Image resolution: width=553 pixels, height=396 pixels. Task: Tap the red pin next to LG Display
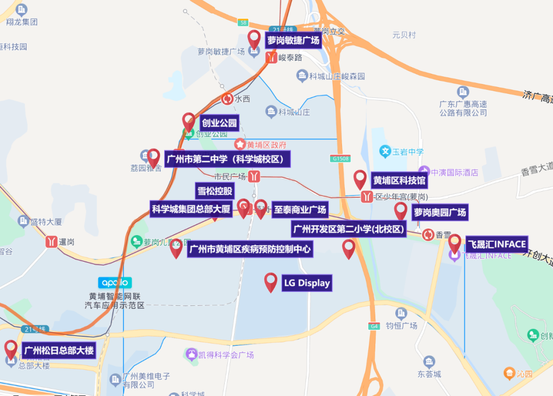pos(271,282)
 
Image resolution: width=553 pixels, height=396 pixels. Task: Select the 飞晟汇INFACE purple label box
pos(496,244)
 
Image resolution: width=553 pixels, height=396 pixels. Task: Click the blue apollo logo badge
pos(115,282)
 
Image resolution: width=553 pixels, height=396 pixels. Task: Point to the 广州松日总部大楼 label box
pos(59,350)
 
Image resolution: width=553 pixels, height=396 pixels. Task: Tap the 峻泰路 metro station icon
pos(271,58)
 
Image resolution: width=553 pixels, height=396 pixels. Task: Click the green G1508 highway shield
pos(340,159)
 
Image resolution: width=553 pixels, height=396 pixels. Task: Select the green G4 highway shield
pos(374,326)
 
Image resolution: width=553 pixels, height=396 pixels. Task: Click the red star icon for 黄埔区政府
pos(240,144)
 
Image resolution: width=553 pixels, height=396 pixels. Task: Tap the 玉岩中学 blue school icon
pos(385,152)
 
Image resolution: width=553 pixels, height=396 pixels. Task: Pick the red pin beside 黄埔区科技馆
pos(360,179)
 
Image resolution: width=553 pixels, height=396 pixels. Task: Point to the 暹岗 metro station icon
pos(51,241)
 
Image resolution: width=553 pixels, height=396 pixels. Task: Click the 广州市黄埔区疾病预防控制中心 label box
pos(250,249)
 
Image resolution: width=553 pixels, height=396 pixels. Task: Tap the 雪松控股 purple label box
pos(215,192)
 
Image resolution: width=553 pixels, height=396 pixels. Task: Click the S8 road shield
pos(243,23)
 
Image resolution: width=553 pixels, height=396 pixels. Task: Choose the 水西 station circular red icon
pos(227,99)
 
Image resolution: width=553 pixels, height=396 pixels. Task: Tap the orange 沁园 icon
pos(509,373)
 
